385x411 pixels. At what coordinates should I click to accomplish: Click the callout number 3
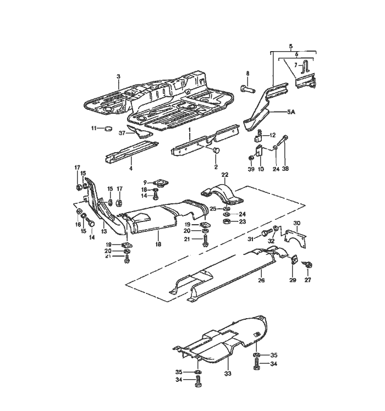[x=118, y=76]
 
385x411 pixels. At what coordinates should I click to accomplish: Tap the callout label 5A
[x=291, y=112]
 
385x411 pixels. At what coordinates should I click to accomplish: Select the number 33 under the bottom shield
[x=228, y=373]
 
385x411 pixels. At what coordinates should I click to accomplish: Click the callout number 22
[x=224, y=174]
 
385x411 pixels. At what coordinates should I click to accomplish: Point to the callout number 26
[x=261, y=280]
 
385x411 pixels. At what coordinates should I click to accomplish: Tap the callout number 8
[x=248, y=73]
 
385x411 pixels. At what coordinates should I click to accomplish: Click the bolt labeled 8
[x=247, y=87]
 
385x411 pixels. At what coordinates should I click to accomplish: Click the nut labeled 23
[x=226, y=221]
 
